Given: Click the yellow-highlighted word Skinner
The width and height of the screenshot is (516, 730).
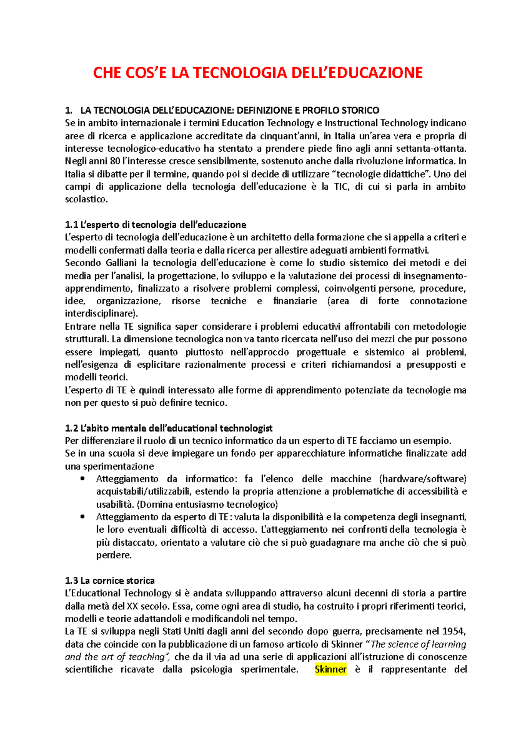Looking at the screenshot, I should point(330,669).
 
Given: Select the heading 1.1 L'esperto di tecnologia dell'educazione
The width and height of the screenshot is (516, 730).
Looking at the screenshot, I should point(155,224).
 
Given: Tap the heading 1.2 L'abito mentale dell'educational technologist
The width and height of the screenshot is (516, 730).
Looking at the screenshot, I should point(169,428).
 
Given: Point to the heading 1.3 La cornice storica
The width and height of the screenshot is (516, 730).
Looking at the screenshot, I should point(110,581).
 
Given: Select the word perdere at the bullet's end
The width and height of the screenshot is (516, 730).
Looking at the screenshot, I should point(114,555).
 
